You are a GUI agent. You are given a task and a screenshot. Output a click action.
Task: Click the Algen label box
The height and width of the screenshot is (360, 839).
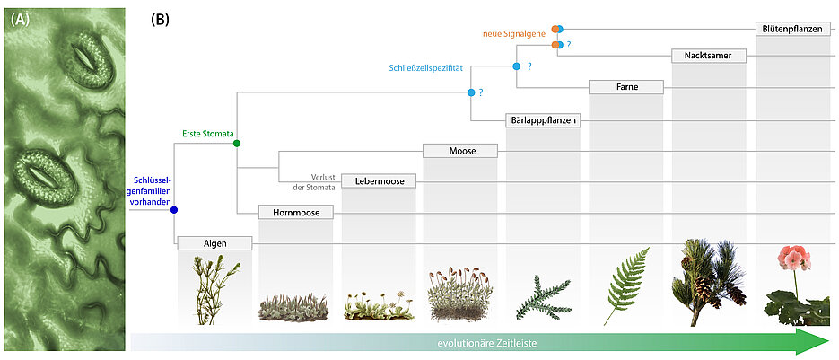214,243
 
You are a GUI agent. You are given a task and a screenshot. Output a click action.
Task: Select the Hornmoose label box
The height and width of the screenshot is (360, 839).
295,213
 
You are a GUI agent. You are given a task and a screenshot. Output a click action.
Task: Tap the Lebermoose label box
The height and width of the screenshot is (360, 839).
379,181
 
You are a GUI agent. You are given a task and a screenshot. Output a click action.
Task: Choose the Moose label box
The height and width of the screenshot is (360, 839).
460,150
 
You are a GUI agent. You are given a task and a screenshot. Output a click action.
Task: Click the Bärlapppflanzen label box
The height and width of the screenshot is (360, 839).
542,119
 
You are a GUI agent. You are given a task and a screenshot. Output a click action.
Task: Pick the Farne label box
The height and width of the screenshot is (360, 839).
625,87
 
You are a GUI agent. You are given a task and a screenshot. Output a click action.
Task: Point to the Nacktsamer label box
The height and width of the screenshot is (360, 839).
709,56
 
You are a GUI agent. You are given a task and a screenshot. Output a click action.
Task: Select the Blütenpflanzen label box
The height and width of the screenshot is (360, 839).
791,29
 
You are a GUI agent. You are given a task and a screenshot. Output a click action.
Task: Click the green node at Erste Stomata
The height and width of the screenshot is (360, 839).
236,143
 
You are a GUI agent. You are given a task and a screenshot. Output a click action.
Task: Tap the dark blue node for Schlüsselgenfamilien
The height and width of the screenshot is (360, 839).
174,210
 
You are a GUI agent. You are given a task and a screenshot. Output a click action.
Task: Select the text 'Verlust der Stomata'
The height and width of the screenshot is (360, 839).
310,181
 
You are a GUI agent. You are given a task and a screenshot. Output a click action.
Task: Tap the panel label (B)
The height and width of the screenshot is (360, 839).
160,19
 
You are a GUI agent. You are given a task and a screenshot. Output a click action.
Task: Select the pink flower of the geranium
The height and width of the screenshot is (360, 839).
792,258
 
